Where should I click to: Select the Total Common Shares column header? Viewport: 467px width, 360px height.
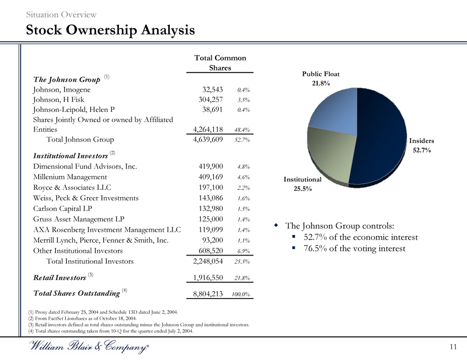coord(220,63)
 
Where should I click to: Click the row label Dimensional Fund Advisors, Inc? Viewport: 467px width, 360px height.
coord(85,166)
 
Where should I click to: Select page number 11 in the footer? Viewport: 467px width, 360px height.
coord(452,347)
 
